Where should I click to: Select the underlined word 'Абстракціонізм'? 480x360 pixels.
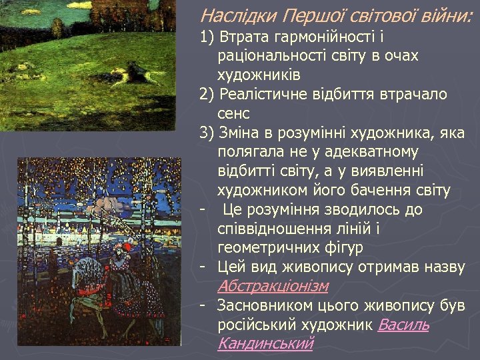click(273, 286)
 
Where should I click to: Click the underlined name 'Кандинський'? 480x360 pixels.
click(265, 344)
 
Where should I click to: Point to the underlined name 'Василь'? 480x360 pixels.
click(403, 325)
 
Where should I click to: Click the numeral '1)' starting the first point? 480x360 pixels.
click(207, 37)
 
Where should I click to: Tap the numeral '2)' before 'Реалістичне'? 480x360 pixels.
click(207, 95)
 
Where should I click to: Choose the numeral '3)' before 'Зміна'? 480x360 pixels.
click(207, 133)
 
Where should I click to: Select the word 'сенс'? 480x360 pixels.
click(233, 113)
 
